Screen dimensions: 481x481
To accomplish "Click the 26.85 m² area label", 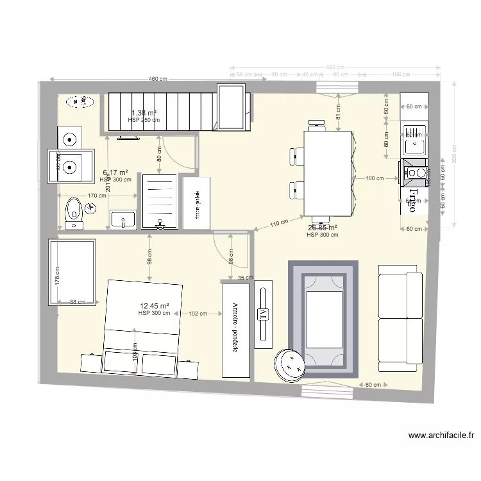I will (323, 227).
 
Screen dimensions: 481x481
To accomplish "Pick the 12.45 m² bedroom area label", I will (155, 306).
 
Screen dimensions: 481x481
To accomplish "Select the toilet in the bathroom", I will (75, 212).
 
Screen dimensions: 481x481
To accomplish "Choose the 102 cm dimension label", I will (198, 314).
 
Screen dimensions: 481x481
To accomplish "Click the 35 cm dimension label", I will (245, 278).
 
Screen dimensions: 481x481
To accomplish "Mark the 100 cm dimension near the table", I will (375, 178).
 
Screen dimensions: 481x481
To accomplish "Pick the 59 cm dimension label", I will (244, 74).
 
